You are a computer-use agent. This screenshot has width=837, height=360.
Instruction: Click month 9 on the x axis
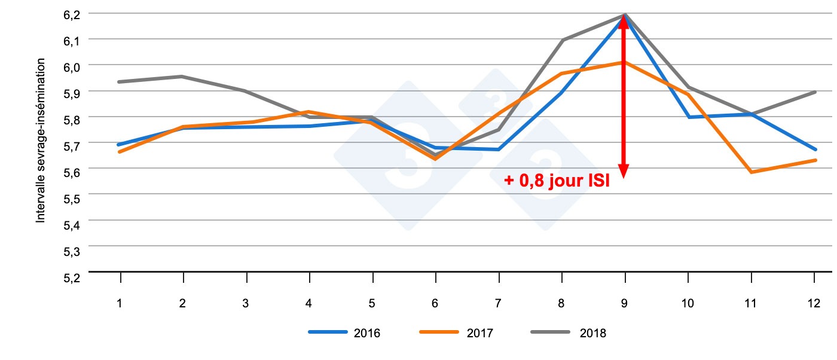coord(625,303)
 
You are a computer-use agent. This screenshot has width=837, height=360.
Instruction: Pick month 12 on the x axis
coord(814,303)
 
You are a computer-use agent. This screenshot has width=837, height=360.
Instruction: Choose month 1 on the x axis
coord(120,303)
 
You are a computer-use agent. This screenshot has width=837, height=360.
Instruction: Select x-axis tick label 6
coord(435,303)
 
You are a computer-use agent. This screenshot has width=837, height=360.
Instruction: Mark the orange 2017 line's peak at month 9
coord(625,62)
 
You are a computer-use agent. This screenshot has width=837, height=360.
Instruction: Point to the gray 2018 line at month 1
coord(120,81)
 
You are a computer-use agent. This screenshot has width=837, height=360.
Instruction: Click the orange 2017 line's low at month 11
coord(751,172)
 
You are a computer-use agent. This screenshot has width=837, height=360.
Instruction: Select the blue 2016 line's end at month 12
coord(814,150)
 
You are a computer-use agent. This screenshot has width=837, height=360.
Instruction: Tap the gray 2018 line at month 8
coord(562,40)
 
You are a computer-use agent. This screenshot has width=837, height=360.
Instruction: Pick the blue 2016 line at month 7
coord(499,150)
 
